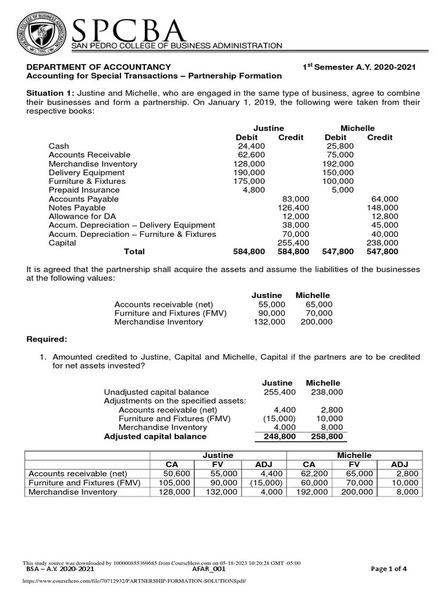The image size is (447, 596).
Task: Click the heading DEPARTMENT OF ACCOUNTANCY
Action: point(99,67)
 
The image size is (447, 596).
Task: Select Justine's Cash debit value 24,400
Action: point(251,146)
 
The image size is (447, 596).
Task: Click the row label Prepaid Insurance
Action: point(84,190)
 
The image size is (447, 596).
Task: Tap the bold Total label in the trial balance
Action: point(134,251)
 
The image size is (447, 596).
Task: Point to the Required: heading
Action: point(47,339)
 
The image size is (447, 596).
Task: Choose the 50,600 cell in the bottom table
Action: point(175,474)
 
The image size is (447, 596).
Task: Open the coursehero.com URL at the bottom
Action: point(130,581)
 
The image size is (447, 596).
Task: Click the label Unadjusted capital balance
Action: point(156,392)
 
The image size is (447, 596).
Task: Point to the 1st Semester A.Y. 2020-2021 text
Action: point(359,67)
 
